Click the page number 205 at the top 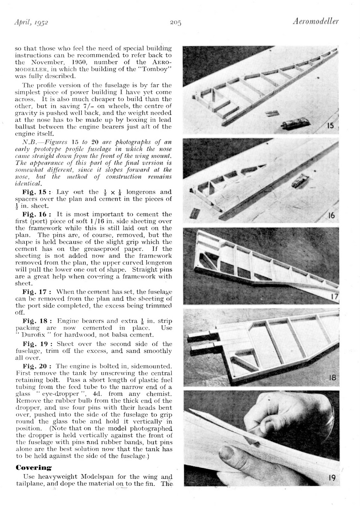point(175,22)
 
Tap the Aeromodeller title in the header point(315,22)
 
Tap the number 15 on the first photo point(330,126)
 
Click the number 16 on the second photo point(331,216)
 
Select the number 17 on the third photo point(334,296)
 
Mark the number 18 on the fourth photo point(332,377)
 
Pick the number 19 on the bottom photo point(332,478)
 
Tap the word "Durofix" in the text point(36,335)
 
